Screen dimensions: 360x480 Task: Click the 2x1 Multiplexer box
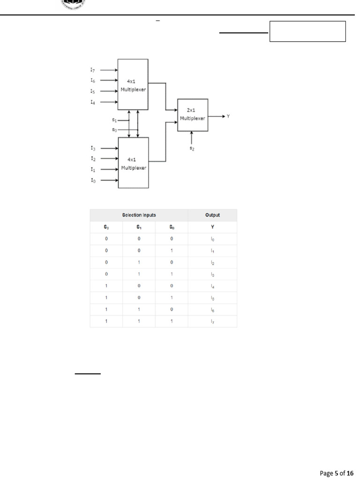tap(193, 115)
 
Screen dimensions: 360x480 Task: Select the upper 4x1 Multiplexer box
tap(133, 85)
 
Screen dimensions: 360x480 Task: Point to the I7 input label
tap(93, 69)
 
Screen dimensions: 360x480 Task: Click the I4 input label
tap(93, 102)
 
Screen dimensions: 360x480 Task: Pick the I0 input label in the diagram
tap(93, 180)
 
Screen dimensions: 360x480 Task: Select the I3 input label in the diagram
tap(93, 148)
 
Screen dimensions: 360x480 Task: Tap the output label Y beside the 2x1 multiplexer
tap(228, 116)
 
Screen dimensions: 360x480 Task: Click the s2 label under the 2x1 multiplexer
tap(191, 148)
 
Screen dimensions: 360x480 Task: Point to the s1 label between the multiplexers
tap(114, 120)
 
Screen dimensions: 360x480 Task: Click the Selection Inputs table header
tap(139, 215)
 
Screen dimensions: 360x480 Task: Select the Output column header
tap(212, 215)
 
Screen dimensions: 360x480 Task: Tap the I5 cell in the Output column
tap(212, 298)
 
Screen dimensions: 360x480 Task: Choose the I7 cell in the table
tap(212, 322)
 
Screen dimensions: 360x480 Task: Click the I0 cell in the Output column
tap(212, 239)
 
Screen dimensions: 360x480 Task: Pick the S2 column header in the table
tap(106, 227)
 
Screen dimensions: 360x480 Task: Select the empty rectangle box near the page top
tap(307, 31)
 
